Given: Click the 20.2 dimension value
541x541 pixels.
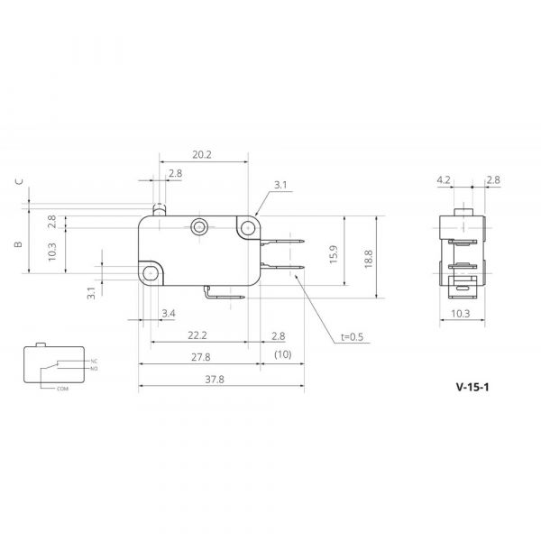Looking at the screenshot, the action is pyautogui.click(x=202, y=154).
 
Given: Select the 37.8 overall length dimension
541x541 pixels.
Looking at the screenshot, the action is pyautogui.click(x=215, y=380).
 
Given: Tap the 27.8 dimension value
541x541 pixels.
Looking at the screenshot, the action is pyautogui.click(x=201, y=357).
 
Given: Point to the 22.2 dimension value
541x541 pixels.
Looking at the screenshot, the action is pyautogui.click(x=197, y=335).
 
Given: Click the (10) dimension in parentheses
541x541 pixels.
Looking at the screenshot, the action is pyautogui.click(x=282, y=354).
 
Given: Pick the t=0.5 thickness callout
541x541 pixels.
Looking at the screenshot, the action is pyautogui.click(x=352, y=336).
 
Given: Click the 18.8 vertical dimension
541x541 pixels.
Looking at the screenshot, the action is pyautogui.click(x=369, y=259).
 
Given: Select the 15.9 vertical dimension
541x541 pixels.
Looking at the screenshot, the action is pyautogui.click(x=334, y=254).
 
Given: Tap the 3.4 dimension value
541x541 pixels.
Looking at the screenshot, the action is pyautogui.click(x=169, y=313).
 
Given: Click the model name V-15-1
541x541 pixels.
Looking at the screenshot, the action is pyautogui.click(x=472, y=387).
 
